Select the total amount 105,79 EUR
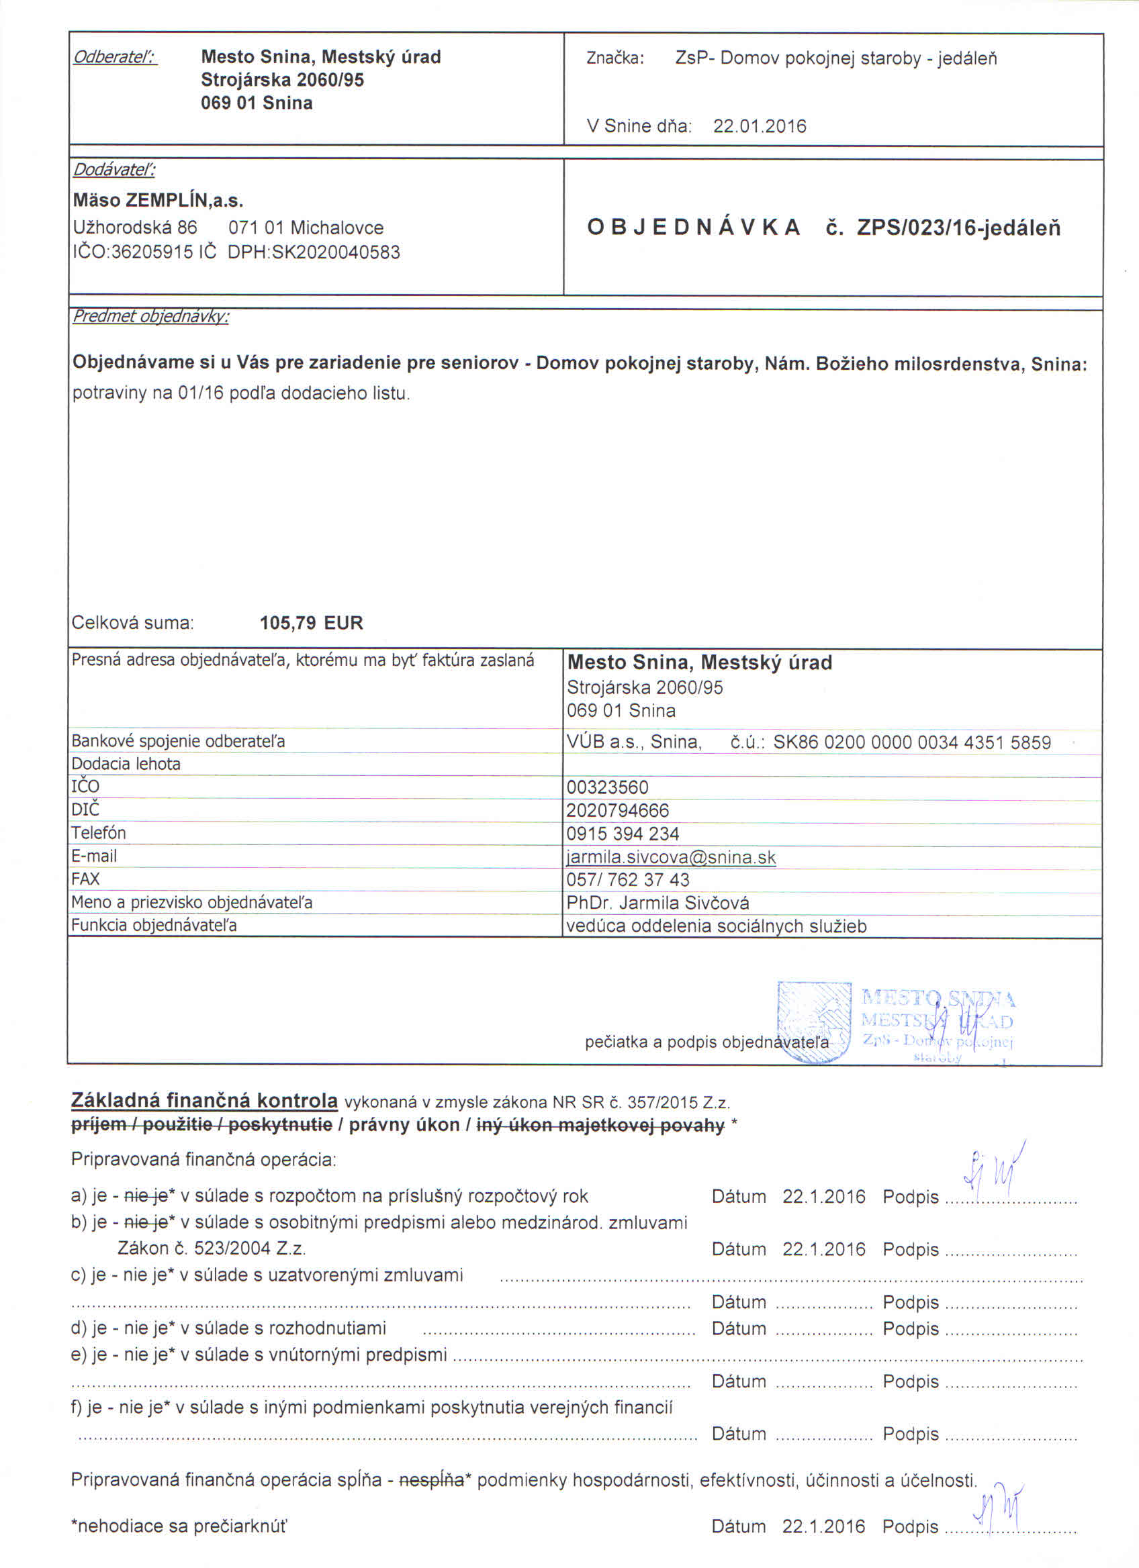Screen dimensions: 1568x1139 [x=311, y=623]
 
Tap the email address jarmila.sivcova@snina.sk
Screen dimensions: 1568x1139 [x=671, y=858]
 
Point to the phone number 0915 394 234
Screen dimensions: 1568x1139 [x=623, y=834]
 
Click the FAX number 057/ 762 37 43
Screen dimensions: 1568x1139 [x=628, y=880]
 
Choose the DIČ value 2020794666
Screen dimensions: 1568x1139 [x=618, y=810]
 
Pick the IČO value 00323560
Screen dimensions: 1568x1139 [x=607, y=787]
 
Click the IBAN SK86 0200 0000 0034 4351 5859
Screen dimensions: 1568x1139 [x=911, y=742]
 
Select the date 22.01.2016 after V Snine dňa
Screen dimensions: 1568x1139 [x=760, y=126]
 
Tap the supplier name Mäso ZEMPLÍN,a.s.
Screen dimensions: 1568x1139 [x=158, y=201]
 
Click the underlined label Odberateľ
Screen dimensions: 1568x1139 [x=116, y=56]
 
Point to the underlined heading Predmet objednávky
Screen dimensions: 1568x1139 [x=150, y=317]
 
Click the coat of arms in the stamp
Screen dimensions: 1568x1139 [x=814, y=1022]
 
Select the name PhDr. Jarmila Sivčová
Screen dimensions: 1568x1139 [x=657, y=903]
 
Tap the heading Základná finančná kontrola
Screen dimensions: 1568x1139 [x=205, y=1101]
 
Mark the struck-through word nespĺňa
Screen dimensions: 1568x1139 [x=431, y=1480]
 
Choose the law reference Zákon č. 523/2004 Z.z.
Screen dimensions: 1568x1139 [x=212, y=1248]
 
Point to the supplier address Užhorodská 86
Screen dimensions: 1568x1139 [x=135, y=228]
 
